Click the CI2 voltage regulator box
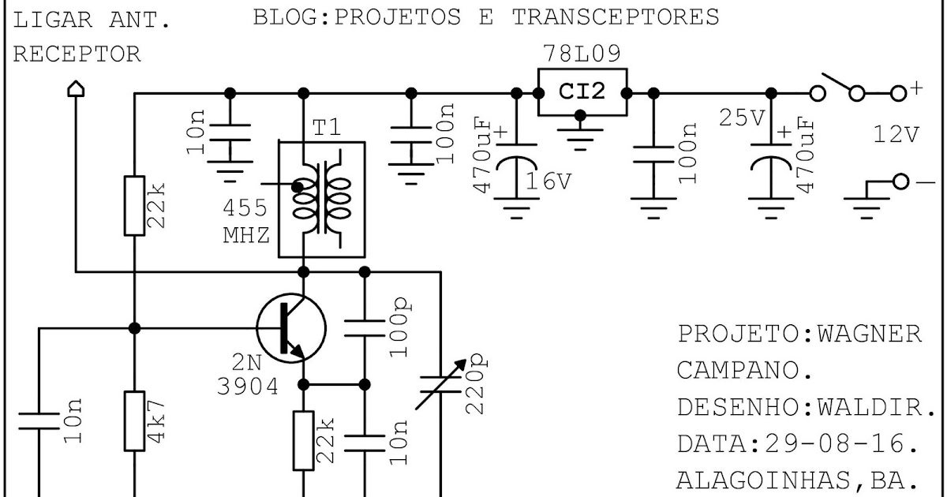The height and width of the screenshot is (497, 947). point(582,92)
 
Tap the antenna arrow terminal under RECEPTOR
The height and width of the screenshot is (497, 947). point(75,91)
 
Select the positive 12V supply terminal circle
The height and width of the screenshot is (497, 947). point(897,93)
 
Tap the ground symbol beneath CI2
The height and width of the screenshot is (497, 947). point(581,138)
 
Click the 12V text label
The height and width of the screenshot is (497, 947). point(896,135)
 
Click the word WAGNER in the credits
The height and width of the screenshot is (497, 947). point(870,334)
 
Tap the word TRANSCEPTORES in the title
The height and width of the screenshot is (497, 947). point(616,17)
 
